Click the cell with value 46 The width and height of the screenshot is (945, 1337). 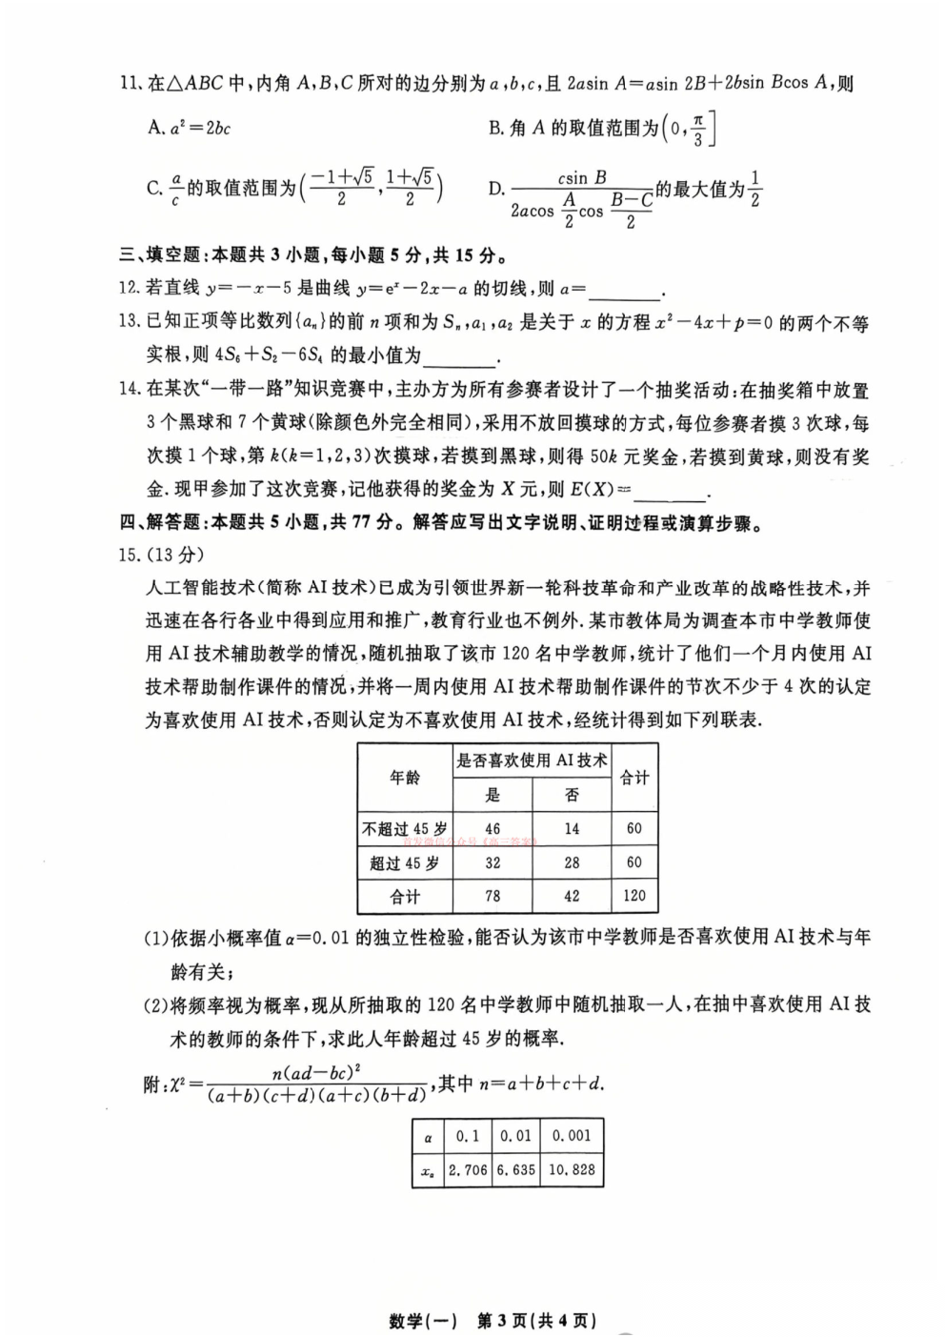(x=493, y=828)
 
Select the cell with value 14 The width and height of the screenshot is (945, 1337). (x=572, y=828)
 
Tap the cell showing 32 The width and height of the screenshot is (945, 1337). (x=493, y=862)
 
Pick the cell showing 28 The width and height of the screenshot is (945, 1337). (x=572, y=862)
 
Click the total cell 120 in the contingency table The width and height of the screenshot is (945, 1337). (x=633, y=895)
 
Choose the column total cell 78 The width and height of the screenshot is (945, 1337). (x=493, y=895)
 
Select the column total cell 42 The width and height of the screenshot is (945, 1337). (x=572, y=895)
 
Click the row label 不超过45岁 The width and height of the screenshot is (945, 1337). (x=405, y=828)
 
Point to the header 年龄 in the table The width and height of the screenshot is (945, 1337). (x=405, y=778)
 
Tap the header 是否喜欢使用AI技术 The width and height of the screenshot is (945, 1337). (x=532, y=760)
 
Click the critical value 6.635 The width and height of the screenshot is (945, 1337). (x=516, y=1169)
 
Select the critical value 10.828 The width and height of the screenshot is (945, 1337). (x=572, y=1169)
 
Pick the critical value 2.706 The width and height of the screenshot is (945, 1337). (x=468, y=1169)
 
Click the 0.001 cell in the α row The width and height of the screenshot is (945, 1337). (x=572, y=1135)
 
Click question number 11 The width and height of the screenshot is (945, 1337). (x=130, y=83)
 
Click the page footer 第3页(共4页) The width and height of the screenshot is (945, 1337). (x=535, y=1321)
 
